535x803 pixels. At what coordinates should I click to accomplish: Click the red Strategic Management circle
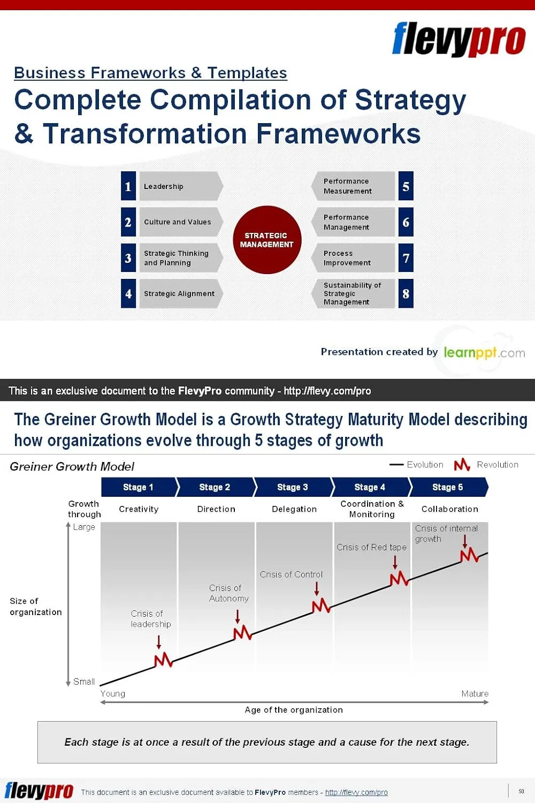tap(267, 240)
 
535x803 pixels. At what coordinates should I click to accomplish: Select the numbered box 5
tap(406, 186)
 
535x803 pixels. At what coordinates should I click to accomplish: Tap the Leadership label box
tap(181, 186)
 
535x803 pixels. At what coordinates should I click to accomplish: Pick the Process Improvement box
tap(353, 257)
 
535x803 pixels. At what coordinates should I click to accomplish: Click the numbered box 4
tap(128, 293)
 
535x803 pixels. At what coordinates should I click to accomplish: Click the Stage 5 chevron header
tap(449, 487)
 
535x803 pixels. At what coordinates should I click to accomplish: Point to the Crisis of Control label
tap(291, 574)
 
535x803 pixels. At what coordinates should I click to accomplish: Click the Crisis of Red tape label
tap(372, 547)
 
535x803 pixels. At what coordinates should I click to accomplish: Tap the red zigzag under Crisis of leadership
tap(163, 660)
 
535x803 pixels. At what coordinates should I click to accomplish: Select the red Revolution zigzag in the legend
tap(462, 465)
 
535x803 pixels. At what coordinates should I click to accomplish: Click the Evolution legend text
tap(425, 465)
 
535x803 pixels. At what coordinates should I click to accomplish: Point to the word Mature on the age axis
tap(475, 694)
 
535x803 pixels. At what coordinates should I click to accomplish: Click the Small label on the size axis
tap(84, 681)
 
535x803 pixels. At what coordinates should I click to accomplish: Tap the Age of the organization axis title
tap(294, 710)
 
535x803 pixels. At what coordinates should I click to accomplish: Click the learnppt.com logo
tap(485, 352)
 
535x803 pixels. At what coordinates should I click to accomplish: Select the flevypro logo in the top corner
tap(458, 39)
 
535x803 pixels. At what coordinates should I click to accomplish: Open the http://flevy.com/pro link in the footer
tap(356, 792)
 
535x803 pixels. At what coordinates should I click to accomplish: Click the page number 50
tap(522, 791)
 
